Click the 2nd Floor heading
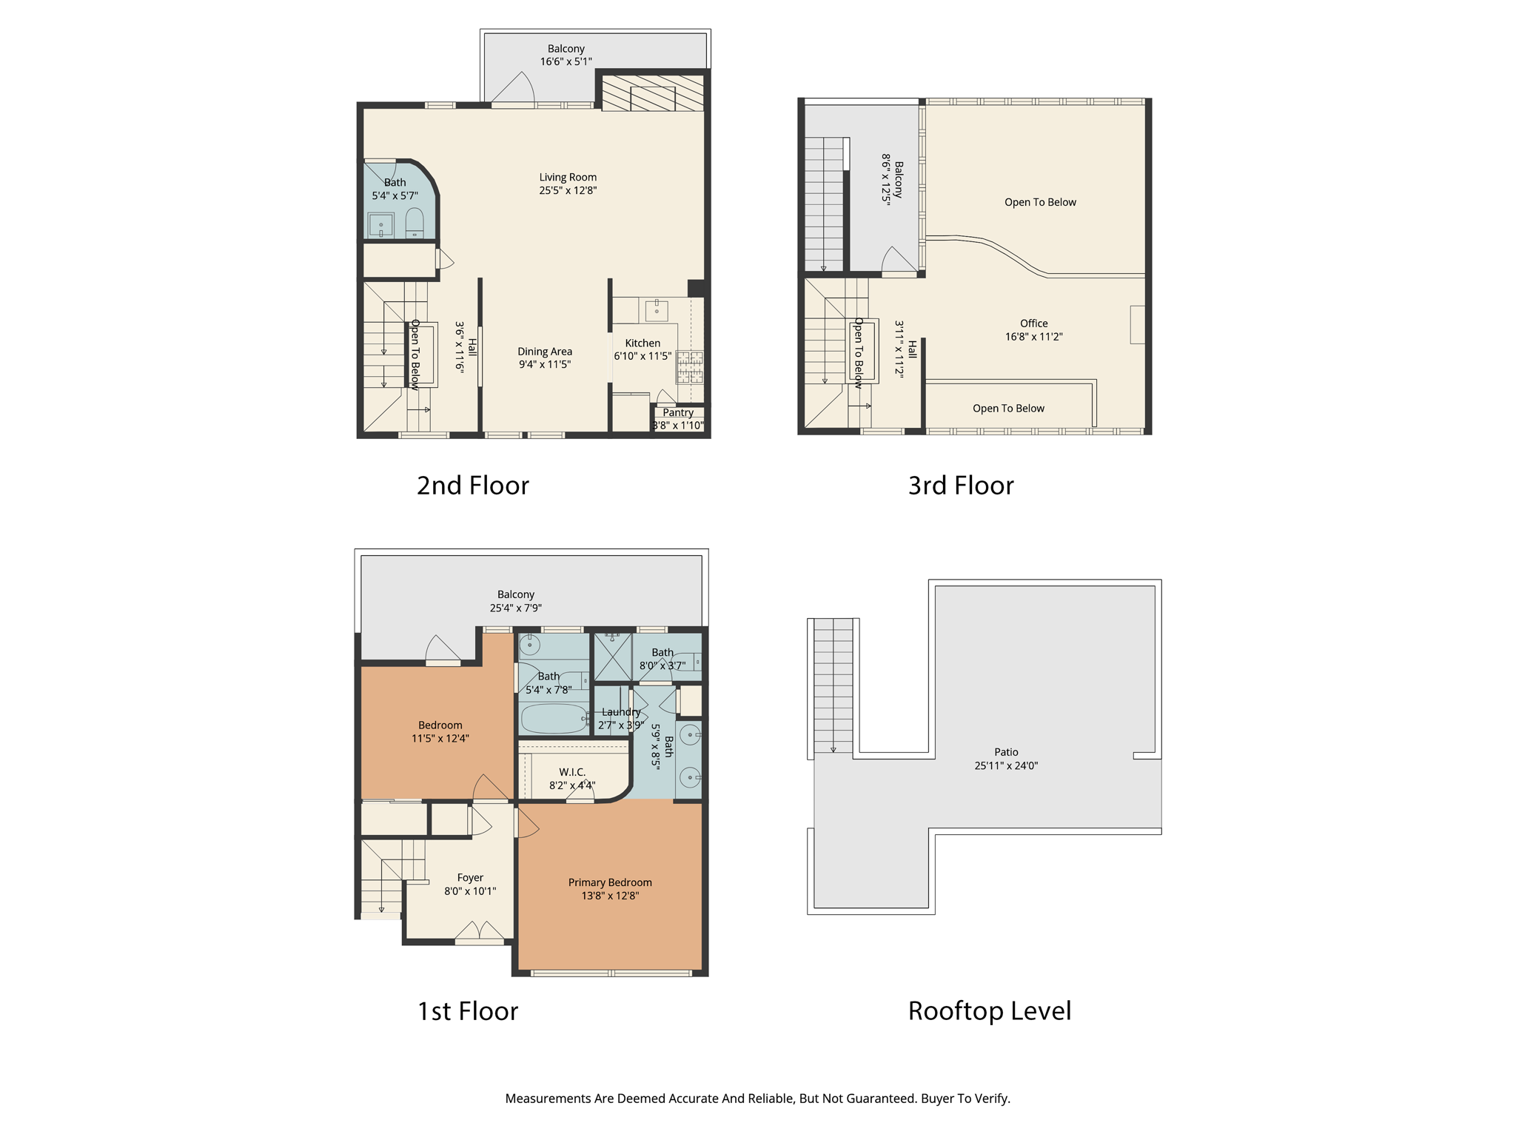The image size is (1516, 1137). (472, 486)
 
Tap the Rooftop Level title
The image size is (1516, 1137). (989, 1011)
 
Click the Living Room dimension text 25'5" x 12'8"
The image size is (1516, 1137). (568, 190)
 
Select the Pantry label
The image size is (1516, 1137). (678, 413)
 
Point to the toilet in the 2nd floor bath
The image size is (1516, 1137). (415, 222)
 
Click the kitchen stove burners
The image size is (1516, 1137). (690, 367)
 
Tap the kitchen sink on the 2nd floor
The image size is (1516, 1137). (657, 310)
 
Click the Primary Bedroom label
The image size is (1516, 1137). (610, 882)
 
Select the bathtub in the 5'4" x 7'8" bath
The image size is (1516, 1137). (554, 718)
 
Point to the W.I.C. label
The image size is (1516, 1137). (572, 772)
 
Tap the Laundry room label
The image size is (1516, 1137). (620, 712)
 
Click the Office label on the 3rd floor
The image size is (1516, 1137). (1033, 323)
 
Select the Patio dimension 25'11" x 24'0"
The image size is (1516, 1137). (1006, 766)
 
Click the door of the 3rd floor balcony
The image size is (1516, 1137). (898, 261)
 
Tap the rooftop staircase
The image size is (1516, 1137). (834, 685)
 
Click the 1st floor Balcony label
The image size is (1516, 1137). (515, 594)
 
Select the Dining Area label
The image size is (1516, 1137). (544, 352)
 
